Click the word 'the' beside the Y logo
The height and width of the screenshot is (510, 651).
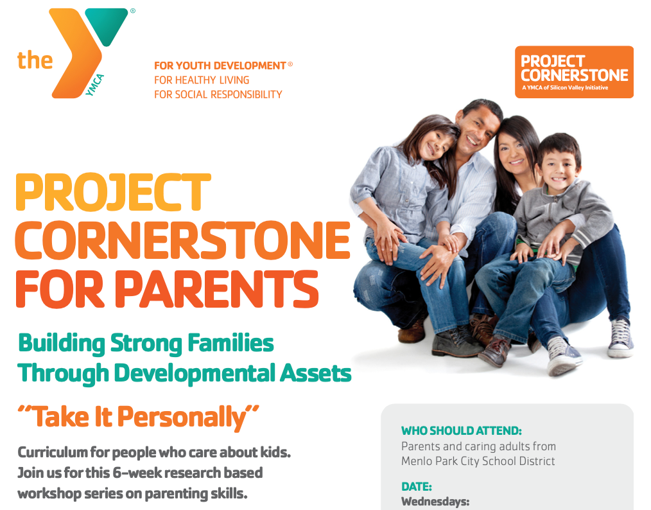click(35, 60)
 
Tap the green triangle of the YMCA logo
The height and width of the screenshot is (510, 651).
click(107, 25)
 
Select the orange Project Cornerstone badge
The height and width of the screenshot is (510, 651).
click(574, 72)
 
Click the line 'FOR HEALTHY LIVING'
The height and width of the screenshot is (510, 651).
click(202, 80)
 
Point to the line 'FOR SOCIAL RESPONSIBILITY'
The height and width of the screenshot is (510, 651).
click(218, 94)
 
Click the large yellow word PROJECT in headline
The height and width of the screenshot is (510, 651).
click(114, 192)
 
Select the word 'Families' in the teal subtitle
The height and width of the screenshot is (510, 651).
click(230, 344)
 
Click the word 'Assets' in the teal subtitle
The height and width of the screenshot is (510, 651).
click(315, 373)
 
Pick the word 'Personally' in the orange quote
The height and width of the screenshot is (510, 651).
click(182, 418)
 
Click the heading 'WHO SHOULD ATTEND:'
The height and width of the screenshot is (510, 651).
click(461, 431)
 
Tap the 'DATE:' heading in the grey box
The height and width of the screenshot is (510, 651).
click(417, 487)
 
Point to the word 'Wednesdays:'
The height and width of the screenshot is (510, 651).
click(435, 502)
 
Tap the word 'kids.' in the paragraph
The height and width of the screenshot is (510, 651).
click(275, 452)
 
